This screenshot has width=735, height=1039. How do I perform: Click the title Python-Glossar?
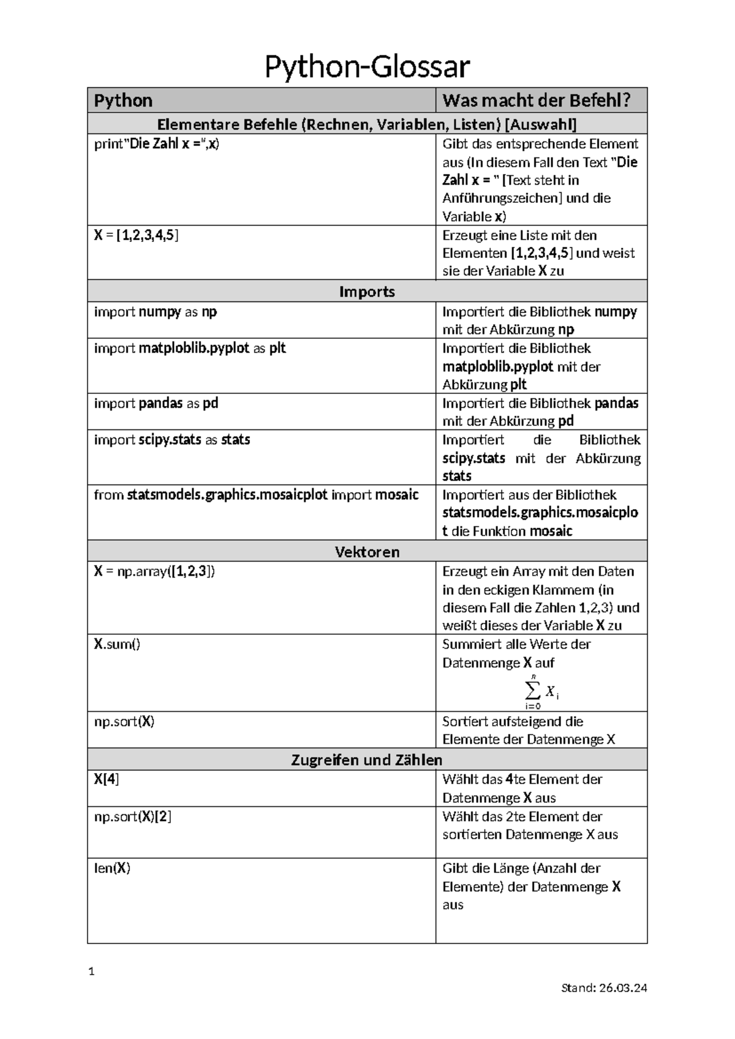pos(367,67)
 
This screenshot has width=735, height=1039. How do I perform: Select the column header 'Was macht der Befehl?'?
pos(537,100)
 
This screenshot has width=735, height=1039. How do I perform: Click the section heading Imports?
pos(367,292)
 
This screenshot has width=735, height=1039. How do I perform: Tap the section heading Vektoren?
pos(367,551)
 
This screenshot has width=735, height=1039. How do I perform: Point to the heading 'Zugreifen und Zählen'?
pos(367,760)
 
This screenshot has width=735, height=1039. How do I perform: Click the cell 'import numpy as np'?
pos(156,312)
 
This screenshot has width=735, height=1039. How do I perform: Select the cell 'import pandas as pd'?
pos(156,403)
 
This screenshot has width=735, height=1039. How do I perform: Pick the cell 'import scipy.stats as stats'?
pos(172,440)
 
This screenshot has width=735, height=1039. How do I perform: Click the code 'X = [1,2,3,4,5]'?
pos(137,235)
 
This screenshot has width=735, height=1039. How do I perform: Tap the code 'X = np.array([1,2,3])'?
pos(154,572)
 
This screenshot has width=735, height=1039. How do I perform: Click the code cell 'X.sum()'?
pos(117,644)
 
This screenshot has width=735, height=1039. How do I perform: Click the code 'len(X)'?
pos(112,868)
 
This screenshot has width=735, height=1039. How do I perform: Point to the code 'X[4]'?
pos(107,779)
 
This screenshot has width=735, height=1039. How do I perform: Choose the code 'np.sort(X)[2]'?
pos(132,817)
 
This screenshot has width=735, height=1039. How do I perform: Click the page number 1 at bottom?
pos(91,972)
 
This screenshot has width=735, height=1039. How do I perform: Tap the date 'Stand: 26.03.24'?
pos(604,988)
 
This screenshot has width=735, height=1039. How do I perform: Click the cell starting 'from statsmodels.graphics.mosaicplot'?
pos(256,495)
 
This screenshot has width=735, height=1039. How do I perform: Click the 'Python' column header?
pos(124,100)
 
